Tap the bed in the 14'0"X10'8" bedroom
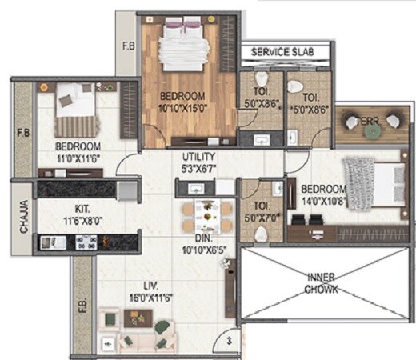369,183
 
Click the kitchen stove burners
88,241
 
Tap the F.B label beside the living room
82,293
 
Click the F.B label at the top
128,46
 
